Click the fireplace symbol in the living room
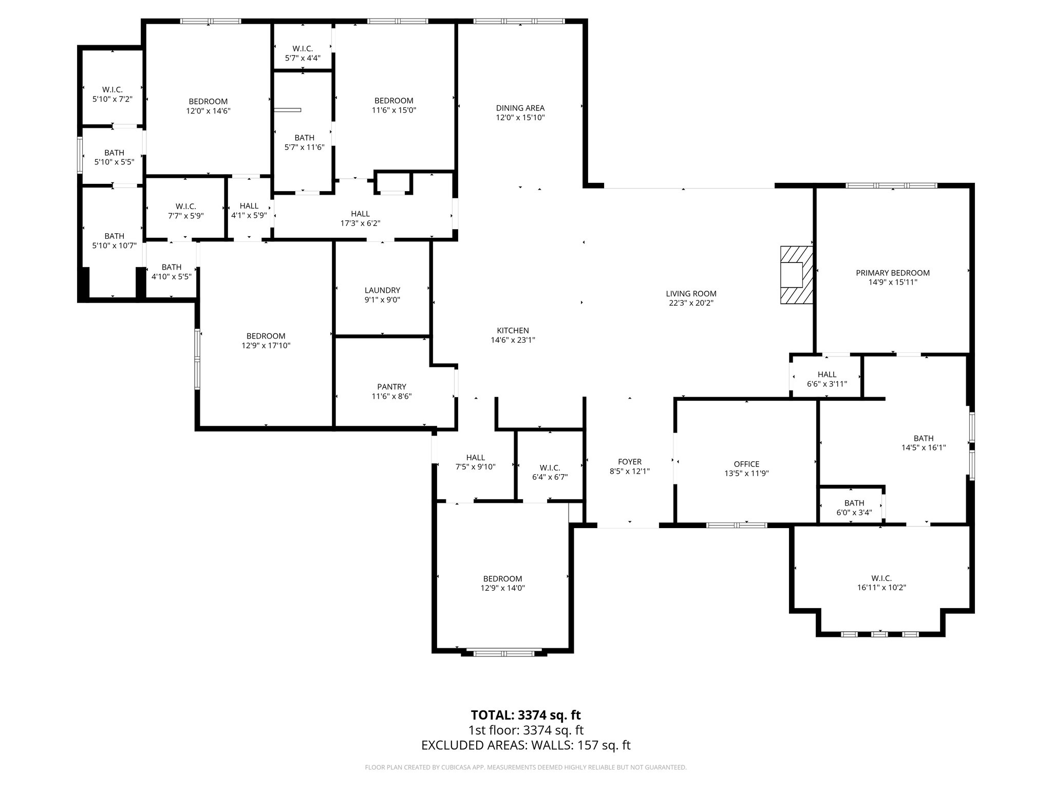797,275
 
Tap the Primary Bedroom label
892,273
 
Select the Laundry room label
382,290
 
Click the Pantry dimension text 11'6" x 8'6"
391,396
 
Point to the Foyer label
629,462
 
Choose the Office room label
746,464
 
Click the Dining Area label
520,108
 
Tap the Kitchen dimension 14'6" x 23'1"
513,340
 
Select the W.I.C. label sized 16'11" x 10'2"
881,578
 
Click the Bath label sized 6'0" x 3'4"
854,503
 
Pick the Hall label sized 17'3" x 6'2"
360,214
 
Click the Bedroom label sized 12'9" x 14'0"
502,578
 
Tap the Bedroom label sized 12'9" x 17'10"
266,336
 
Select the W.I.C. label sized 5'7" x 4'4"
303,48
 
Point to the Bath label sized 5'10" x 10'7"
114,236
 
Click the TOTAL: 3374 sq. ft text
525,715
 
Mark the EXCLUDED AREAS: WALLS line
525,745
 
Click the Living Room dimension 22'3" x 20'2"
691,303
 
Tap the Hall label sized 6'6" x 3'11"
826,374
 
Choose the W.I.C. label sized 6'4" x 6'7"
550,467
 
